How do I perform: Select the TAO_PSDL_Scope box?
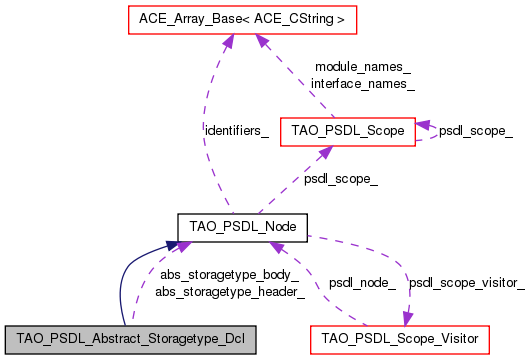pos(347,130)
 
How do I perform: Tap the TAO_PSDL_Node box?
pos(235,226)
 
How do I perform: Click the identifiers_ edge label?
pos(235,130)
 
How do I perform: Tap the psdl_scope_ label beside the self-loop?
pos(477,130)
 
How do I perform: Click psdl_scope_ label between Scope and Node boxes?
pos(341,179)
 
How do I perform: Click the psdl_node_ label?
pos(362,283)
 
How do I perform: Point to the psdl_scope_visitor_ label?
pos(467,283)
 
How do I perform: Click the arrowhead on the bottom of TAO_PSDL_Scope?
pos(324,151)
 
